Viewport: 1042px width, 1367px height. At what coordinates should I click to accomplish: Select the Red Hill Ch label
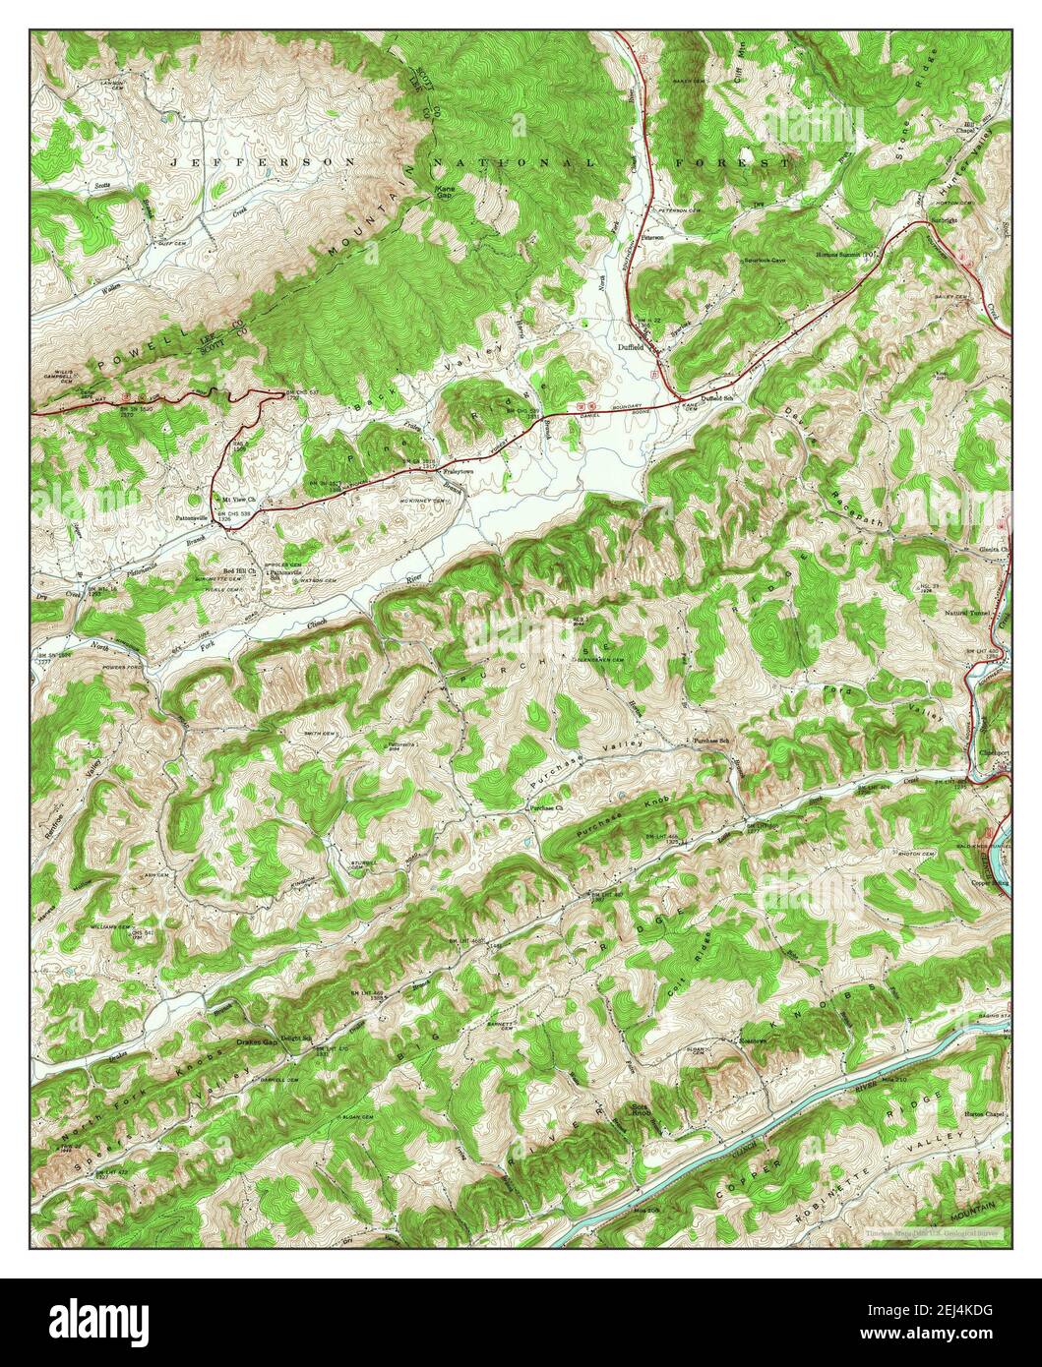239,570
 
